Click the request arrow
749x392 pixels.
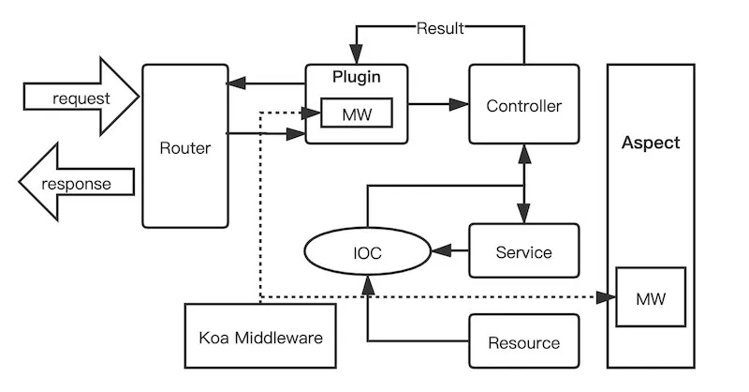pyautogui.click(x=80, y=98)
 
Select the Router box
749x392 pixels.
pyautogui.click(x=184, y=145)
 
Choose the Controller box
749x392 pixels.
pyautogui.click(x=523, y=105)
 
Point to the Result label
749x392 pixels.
pyautogui.click(x=440, y=28)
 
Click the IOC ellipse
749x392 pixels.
pyautogui.click(x=368, y=252)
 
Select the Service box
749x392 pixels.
pyautogui.click(x=523, y=251)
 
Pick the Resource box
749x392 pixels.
pyautogui.click(x=523, y=342)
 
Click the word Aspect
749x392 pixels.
pyautogui.click(x=651, y=143)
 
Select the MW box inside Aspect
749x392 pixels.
pyautogui.click(x=651, y=298)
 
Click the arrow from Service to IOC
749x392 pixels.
pyautogui.click(x=449, y=251)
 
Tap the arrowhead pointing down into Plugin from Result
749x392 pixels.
pyautogui.click(x=357, y=54)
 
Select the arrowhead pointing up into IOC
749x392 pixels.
pyautogui.click(x=368, y=284)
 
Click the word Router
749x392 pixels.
pyautogui.click(x=184, y=148)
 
